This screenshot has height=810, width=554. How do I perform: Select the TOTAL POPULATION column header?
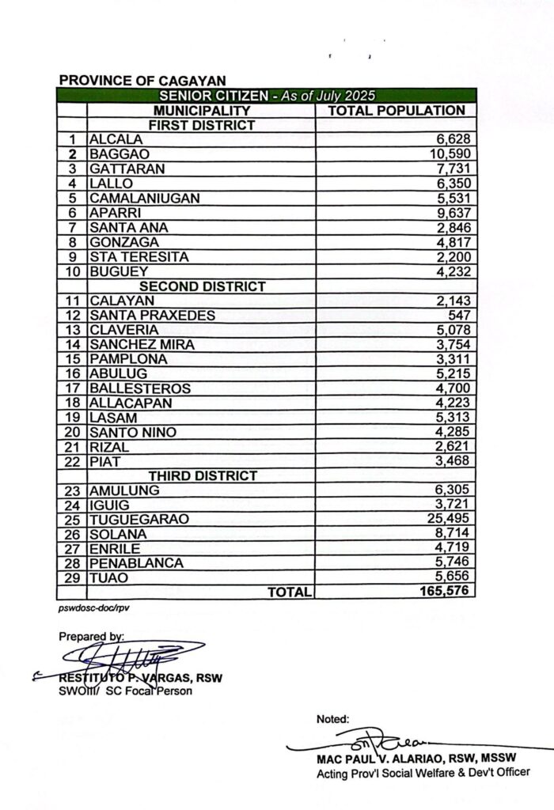pyautogui.click(x=396, y=111)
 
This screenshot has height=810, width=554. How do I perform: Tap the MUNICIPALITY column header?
pyautogui.click(x=202, y=111)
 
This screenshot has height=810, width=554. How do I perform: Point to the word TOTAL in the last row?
pyautogui.click(x=290, y=592)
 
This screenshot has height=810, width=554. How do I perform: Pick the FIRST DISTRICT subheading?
pyautogui.click(x=203, y=125)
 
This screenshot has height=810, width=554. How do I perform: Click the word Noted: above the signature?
pyautogui.click(x=332, y=719)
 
